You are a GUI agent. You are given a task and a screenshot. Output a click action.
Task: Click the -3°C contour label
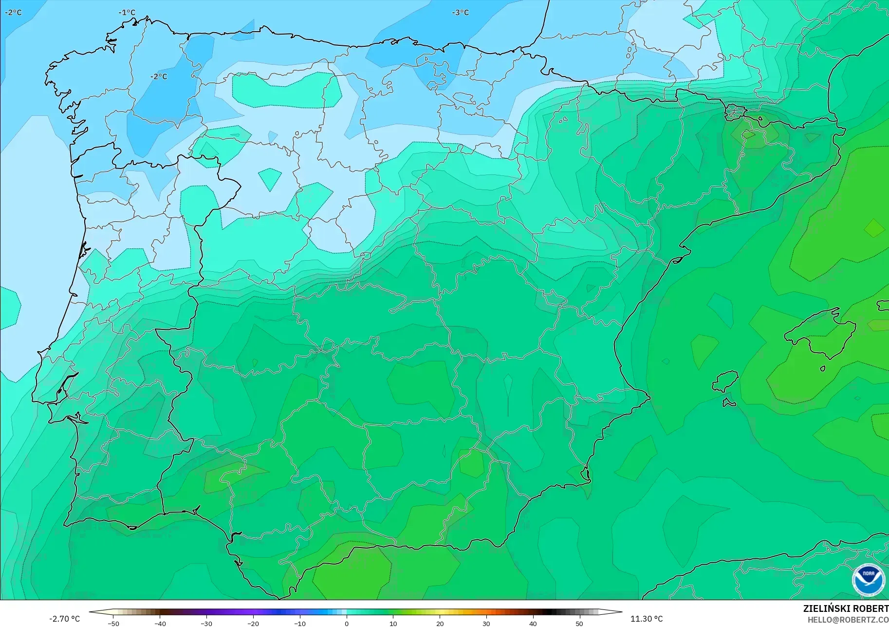[x=460, y=12]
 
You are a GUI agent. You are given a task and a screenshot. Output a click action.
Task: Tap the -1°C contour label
[x=127, y=12]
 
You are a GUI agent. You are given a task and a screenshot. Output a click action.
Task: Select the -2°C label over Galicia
[x=158, y=76]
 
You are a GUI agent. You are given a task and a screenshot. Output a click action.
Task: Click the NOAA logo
[x=868, y=580]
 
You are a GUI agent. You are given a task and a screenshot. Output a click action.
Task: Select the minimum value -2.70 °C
[x=64, y=619]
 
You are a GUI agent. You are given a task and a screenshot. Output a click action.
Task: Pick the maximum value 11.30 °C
[x=646, y=619]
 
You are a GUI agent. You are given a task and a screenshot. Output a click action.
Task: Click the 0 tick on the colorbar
[x=347, y=623]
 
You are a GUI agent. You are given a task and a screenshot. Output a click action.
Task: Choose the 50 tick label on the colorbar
[x=579, y=623]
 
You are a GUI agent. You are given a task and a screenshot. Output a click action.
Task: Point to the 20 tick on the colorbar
[x=440, y=623]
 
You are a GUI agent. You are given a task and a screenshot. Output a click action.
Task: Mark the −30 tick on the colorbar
[x=206, y=623]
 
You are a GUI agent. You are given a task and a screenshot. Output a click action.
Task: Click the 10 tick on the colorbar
[x=393, y=623]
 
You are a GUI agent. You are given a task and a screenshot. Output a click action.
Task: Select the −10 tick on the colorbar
[x=300, y=623]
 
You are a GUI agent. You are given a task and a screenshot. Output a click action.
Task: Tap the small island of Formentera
[x=729, y=402]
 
